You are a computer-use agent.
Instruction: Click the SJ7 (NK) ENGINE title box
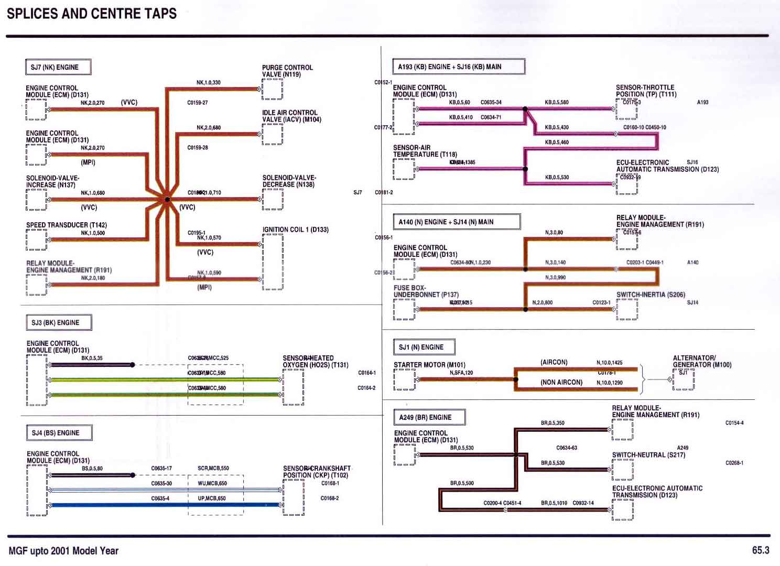(58, 67)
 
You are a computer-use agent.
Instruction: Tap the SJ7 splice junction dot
(167, 200)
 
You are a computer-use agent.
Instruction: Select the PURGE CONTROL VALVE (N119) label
(287, 71)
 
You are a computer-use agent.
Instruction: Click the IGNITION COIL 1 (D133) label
(296, 230)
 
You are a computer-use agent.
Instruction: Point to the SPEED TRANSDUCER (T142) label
(67, 225)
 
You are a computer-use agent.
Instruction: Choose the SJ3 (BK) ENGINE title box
(59, 322)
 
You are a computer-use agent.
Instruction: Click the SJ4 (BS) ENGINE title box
(59, 433)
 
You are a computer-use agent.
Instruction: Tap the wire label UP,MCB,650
(212, 498)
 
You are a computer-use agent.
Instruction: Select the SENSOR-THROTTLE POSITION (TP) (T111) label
(646, 91)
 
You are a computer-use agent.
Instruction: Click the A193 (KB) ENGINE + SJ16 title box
(458, 67)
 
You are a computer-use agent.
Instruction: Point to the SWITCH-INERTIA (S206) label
(651, 295)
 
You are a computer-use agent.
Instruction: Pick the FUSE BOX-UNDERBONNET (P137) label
(426, 291)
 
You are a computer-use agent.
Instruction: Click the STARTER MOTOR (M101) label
(429, 365)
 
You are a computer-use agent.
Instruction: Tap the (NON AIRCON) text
(561, 383)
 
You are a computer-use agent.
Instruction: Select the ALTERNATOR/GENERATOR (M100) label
(702, 361)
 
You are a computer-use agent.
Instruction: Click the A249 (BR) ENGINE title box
(428, 417)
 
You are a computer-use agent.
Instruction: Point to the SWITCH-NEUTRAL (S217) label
(648, 455)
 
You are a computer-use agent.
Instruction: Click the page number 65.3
(761, 550)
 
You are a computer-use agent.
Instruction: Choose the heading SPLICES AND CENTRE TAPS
(92, 14)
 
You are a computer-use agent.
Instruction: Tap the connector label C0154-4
(734, 423)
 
